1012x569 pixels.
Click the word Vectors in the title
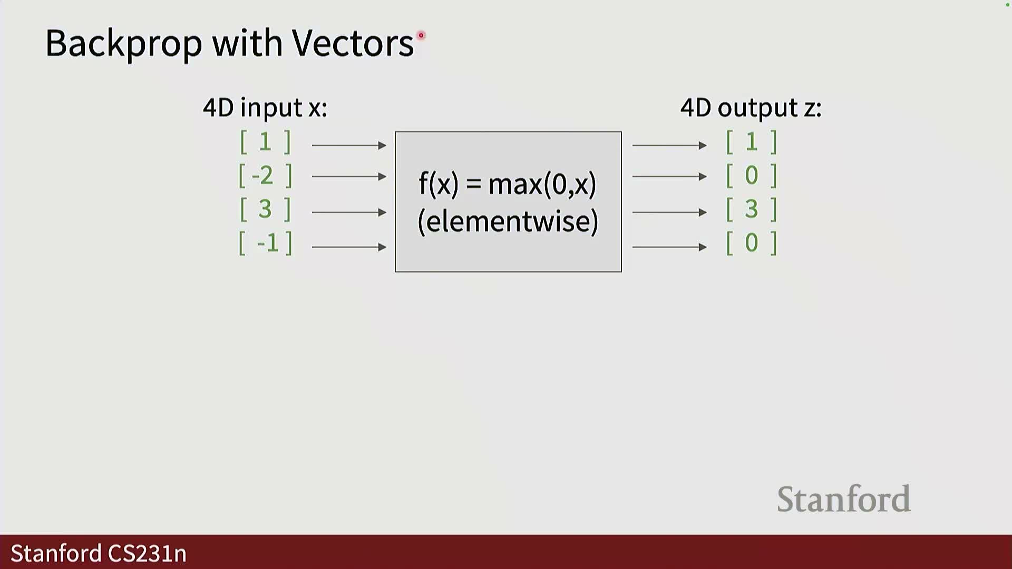(353, 43)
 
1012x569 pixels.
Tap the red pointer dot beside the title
(421, 35)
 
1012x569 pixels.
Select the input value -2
(262, 175)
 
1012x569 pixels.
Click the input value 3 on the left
(265, 209)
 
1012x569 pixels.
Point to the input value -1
(268, 243)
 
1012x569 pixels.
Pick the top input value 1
(265, 142)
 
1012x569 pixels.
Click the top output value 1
(752, 142)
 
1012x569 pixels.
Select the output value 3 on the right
(752, 209)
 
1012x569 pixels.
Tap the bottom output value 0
(752, 243)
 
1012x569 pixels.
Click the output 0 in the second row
(752, 175)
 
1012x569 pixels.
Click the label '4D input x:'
(265, 108)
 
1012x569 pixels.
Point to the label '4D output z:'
(751, 108)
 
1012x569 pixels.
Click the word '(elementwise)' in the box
(508, 221)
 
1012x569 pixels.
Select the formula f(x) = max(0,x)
(508, 184)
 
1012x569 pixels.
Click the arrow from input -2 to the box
(349, 176)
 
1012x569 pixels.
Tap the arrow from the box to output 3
(669, 212)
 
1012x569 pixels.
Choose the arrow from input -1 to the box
(349, 247)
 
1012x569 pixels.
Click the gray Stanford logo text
(844, 499)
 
